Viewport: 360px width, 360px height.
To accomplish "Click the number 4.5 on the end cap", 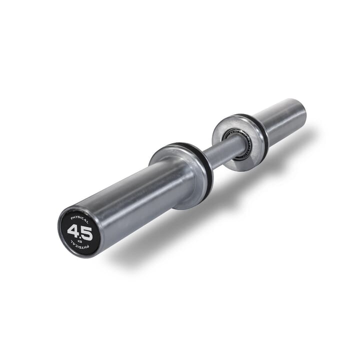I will [x=79, y=231].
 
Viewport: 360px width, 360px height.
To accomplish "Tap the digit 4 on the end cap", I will [x=73, y=230].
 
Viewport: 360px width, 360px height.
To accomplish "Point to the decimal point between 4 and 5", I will [x=80, y=234].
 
